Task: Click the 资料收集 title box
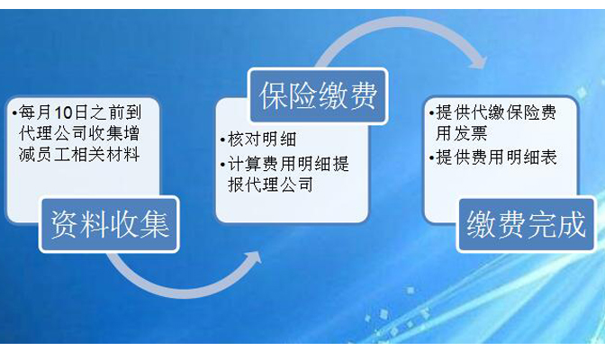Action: tap(109, 224)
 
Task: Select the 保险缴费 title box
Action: tap(318, 96)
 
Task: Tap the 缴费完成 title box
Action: tap(527, 224)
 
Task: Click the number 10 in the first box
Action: tap(63, 112)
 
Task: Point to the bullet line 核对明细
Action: tap(258, 139)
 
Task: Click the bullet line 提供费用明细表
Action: tap(493, 157)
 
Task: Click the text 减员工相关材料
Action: tap(79, 155)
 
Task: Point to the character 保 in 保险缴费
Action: tap(274, 96)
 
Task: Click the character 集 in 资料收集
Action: tap(155, 224)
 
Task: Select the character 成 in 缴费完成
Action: tap(572, 224)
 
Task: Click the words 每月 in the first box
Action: tap(36, 112)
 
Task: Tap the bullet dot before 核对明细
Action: tap(222, 139)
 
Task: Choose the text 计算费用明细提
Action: tap(288, 164)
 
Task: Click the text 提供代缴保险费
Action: tap(496, 112)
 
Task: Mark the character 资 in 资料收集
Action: tap(65, 224)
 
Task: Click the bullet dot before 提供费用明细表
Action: tap(431, 157)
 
